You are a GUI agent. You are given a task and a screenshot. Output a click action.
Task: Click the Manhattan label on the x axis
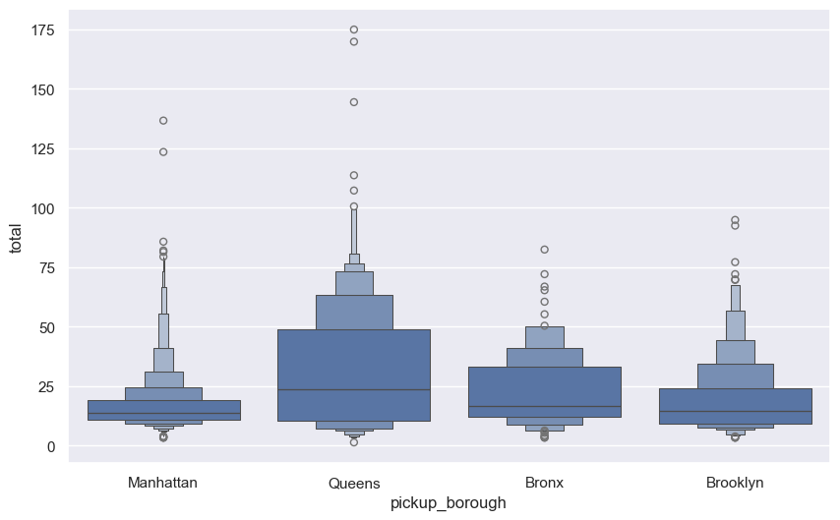[163, 483]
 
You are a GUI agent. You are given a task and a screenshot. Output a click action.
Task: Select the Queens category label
[354, 483]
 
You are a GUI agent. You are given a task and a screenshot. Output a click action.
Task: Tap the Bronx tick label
[544, 483]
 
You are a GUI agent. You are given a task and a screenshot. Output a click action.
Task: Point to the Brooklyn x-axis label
[735, 483]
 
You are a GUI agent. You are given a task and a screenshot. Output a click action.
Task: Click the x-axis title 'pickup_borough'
[449, 503]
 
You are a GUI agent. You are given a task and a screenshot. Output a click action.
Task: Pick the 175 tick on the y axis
[42, 30]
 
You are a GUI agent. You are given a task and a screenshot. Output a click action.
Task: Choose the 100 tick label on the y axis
[42, 208]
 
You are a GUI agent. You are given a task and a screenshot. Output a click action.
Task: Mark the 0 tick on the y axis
[50, 446]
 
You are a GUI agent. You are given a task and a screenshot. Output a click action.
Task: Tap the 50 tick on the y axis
[46, 327]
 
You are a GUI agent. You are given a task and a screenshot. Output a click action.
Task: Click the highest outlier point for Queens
[354, 29]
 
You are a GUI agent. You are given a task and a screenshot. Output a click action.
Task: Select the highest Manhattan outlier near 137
[163, 121]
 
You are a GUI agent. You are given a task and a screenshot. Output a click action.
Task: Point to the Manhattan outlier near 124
[163, 152]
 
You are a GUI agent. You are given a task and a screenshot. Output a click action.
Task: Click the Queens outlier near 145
[354, 102]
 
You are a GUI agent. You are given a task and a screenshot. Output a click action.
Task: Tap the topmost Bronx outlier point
[544, 250]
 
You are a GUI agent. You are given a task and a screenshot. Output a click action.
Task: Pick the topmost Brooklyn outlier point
[735, 220]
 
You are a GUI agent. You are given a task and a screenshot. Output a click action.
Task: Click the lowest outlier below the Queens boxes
[354, 442]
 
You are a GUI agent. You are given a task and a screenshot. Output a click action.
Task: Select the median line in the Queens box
[354, 390]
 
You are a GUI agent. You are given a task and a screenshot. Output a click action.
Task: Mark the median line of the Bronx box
[544, 407]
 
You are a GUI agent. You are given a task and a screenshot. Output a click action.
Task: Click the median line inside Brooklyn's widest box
[735, 412]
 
